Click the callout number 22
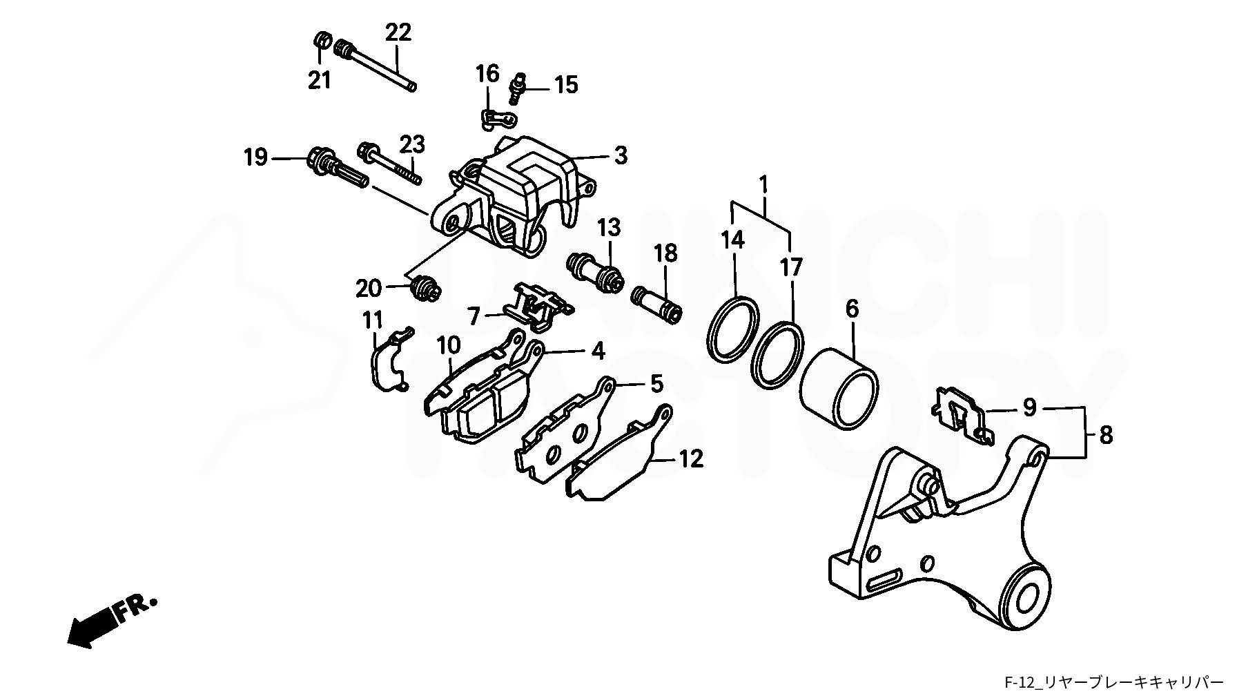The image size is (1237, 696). pyautogui.click(x=398, y=33)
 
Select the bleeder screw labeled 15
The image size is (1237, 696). pyautogui.click(x=518, y=86)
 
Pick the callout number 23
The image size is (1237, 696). pyautogui.click(x=412, y=146)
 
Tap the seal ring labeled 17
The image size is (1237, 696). pyautogui.click(x=778, y=353)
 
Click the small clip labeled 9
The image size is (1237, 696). pyautogui.click(x=962, y=414)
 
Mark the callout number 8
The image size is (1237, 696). pyautogui.click(x=1107, y=436)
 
